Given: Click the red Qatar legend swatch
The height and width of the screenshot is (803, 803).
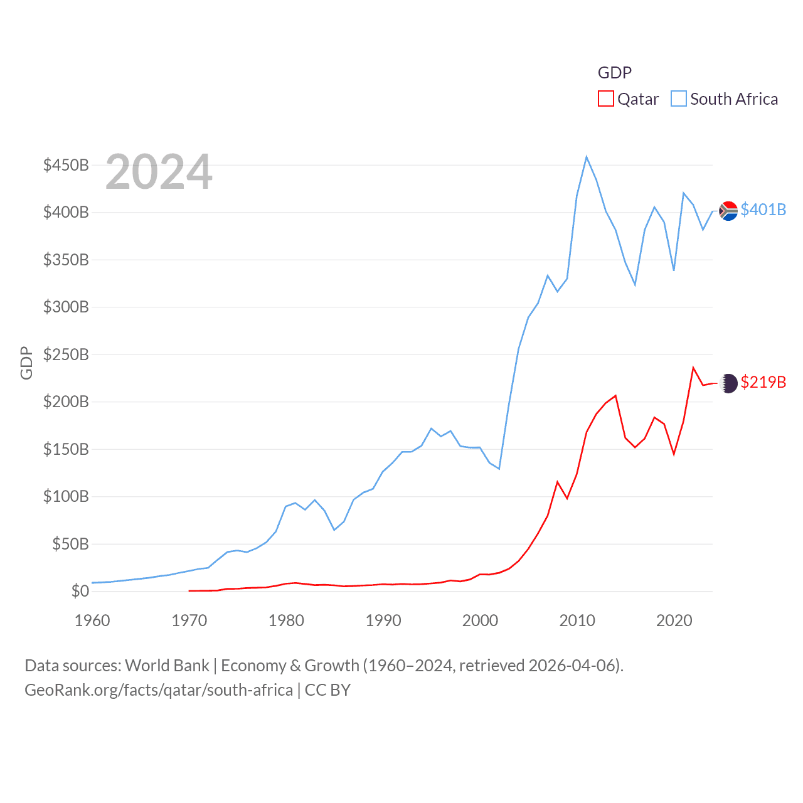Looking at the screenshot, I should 605,99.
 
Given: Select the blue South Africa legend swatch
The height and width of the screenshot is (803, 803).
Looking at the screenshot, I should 679,99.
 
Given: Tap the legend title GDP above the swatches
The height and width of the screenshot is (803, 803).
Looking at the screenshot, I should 614,73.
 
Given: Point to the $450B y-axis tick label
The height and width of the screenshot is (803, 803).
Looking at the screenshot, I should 66,165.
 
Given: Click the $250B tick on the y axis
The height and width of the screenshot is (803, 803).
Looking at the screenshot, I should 66,354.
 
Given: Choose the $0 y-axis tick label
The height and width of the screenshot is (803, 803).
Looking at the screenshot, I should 80,591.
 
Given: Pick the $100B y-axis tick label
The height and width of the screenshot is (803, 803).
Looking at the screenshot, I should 66,496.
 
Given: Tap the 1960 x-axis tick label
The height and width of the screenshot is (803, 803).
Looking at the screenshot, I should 92,620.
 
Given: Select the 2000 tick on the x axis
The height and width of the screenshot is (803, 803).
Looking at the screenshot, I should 480,620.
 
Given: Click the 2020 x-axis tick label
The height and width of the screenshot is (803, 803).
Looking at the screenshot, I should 674,620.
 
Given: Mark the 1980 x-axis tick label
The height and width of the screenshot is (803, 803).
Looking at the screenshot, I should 286,620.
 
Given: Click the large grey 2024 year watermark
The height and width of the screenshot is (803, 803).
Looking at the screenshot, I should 159,172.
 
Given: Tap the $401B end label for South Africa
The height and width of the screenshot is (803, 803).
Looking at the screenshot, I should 763,210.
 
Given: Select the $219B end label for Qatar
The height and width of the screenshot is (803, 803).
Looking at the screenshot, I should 763,382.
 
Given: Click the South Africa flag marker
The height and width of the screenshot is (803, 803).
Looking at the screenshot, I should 728,211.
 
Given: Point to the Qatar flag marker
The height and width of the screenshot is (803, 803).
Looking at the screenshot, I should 728,383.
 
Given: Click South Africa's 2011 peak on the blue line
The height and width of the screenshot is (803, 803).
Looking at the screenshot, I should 587,157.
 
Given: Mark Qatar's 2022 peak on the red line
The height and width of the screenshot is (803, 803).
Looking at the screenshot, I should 693,368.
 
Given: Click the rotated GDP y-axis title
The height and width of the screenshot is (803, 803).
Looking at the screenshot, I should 26,363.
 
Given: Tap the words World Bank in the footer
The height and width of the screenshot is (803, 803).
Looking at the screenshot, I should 167,665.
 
